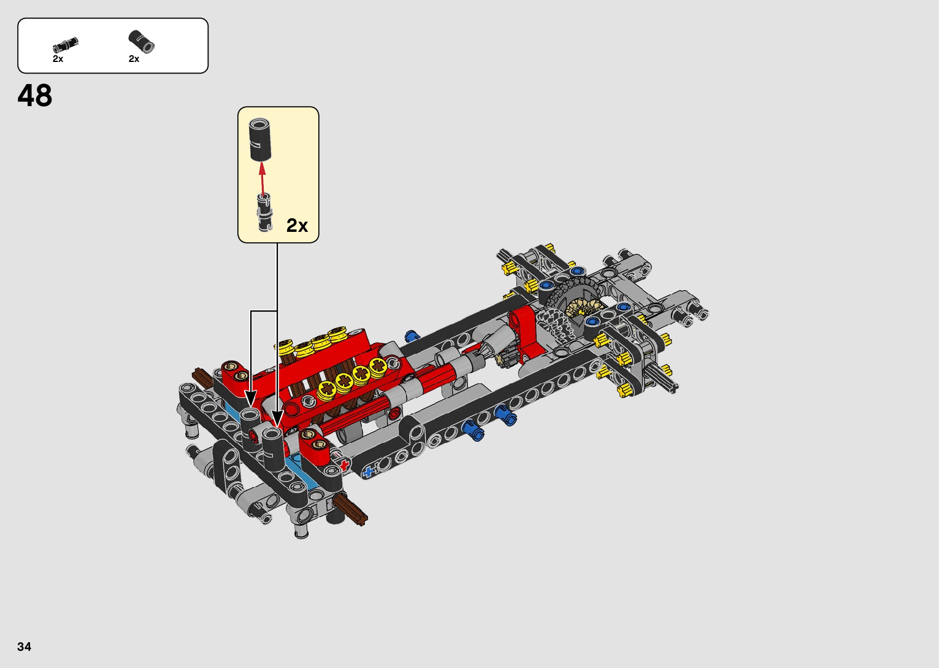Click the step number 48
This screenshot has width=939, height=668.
pyautogui.click(x=35, y=96)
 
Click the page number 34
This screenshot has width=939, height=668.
pyautogui.click(x=25, y=646)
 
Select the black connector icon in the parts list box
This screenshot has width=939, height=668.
pyautogui.click(x=141, y=42)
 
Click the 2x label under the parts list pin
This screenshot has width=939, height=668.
pyautogui.click(x=58, y=59)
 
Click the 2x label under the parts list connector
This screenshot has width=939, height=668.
pyautogui.click(x=134, y=59)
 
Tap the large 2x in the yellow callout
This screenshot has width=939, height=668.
pyautogui.click(x=297, y=226)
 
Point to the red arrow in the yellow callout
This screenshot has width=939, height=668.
pyautogui.click(x=263, y=180)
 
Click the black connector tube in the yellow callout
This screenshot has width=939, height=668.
pyautogui.click(x=260, y=139)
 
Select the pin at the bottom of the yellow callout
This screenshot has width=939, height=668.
pyautogui.click(x=265, y=212)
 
